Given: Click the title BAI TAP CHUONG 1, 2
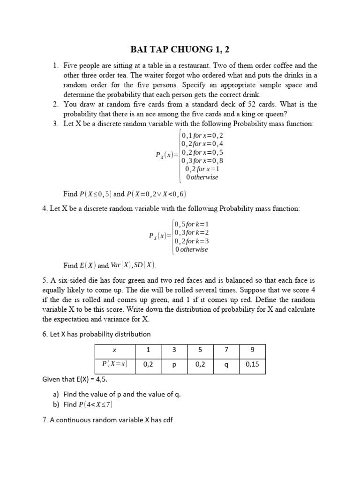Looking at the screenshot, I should pyautogui.click(x=180, y=50).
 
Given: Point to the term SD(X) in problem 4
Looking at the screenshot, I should pyautogui.click(x=143, y=265).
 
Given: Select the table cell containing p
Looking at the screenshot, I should pyautogui.click(x=173, y=365).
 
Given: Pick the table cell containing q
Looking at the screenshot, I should pyautogui.click(x=226, y=365).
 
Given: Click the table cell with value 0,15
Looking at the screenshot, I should pyautogui.click(x=252, y=365).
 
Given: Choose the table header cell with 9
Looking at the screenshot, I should pyautogui.click(x=252, y=351).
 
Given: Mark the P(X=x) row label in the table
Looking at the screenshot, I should pyautogui.click(x=114, y=365).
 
